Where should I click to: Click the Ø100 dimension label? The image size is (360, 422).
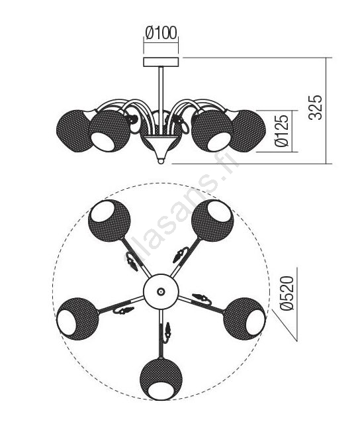coord(161,33)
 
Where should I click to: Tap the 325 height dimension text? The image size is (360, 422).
coord(315,107)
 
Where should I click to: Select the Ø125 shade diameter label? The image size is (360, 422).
coord(282,131)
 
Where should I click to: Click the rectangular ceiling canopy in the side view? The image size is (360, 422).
coord(161,62)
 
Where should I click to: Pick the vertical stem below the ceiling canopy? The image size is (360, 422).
coord(161,101)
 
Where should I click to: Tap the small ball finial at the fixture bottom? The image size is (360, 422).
coord(161,161)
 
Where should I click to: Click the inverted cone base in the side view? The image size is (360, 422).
coord(161,147)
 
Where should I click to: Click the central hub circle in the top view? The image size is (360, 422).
coord(161,291)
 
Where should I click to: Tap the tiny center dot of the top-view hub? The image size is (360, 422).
coord(161,291)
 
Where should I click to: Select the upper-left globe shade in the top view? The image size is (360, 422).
coord(109,221)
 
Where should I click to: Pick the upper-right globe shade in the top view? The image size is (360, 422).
coord(212,221)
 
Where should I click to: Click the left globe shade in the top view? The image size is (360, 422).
coord(77,319)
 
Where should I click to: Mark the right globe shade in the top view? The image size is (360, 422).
coord(244,319)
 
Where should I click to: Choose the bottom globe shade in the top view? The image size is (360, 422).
coord(161,378)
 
